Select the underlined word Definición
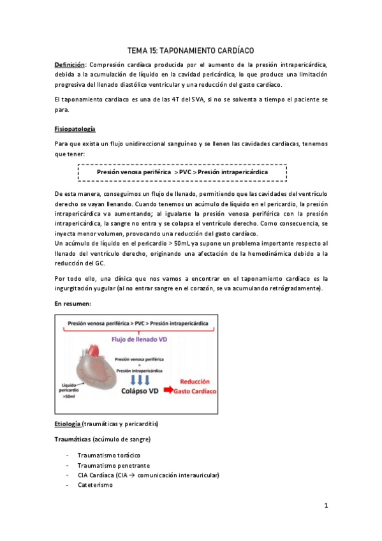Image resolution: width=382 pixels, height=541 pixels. (x=70, y=64)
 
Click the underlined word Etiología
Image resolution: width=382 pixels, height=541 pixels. (x=68, y=424)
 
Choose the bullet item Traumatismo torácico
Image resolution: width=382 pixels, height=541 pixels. (x=108, y=456)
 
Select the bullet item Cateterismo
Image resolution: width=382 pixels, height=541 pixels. (x=95, y=484)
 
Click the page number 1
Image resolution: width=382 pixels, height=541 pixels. (x=325, y=507)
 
